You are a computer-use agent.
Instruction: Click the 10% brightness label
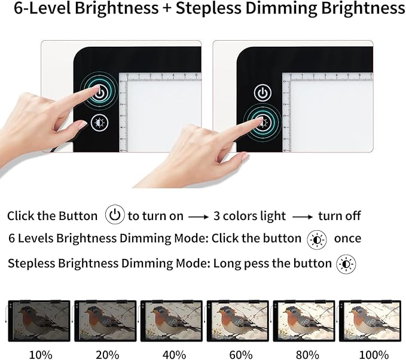pos(41,354)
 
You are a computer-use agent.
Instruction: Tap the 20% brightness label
pos(106,354)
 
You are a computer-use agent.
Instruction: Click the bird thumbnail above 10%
pos(39,321)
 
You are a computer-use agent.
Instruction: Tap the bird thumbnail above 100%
pos(370,321)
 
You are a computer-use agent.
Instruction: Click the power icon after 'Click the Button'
pos(114,215)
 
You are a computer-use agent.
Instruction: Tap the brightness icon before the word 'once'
pos(317,239)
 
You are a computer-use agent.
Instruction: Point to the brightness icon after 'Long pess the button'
pos(346,264)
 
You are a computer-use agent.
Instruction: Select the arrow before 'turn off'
pos(302,216)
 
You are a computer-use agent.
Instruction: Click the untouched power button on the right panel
pos(262,93)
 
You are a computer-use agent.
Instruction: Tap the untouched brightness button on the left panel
pos(99,123)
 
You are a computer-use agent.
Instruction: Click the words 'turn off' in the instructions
pos(340,216)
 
